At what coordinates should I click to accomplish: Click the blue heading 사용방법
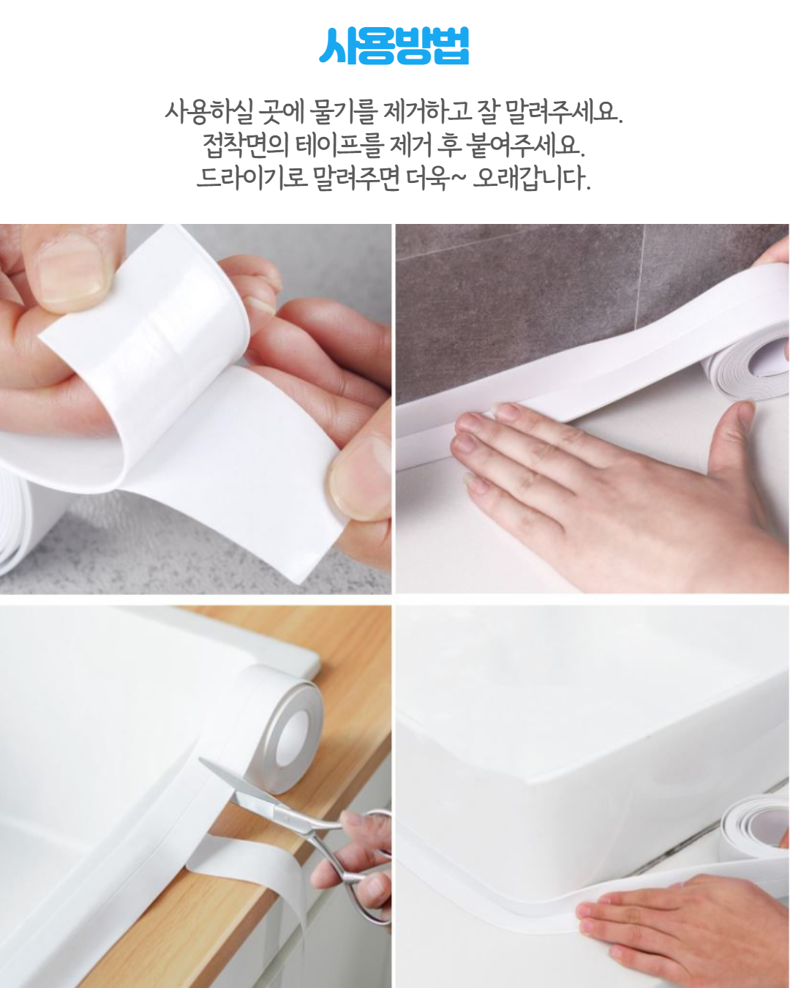[x=394, y=46]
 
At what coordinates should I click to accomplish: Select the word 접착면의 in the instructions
[x=245, y=145]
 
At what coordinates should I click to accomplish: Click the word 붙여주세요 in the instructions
[x=525, y=145]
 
